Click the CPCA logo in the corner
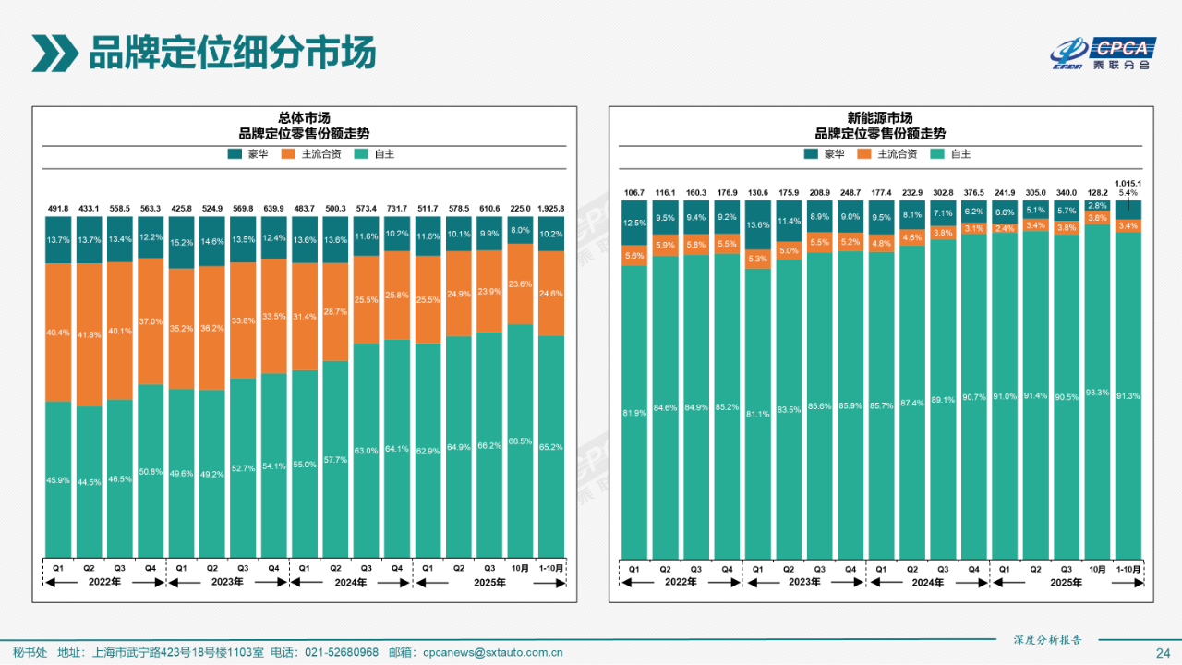click(x=1104, y=54)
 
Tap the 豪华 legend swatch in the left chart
click(x=235, y=154)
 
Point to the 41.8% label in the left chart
click(x=89, y=334)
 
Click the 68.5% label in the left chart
click(x=520, y=441)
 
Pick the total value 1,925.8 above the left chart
click(x=551, y=209)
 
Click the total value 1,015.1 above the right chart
click(x=1128, y=184)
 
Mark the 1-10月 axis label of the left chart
click(x=551, y=568)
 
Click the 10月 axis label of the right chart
click(x=1097, y=569)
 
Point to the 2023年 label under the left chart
click(x=227, y=583)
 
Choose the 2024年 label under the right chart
click(x=928, y=583)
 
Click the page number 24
click(x=1163, y=653)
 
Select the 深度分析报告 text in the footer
click(x=1046, y=640)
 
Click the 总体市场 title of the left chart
click(x=305, y=118)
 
